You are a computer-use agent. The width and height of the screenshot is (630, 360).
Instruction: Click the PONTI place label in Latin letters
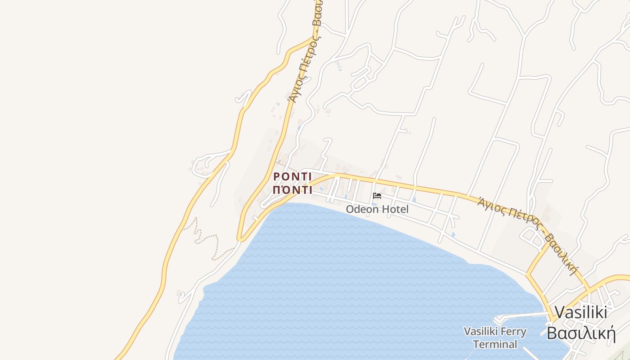pyautogui.click(x=292, y=176)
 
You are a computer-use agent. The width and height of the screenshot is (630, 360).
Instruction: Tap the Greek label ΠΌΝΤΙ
pyautogui.click(x=292, y=189)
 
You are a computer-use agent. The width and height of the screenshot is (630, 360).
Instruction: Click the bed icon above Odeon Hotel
pyautogui.click(x=377, y=196)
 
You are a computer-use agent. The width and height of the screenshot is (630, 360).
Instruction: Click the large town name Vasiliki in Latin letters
pyautogui.click(x=580, y=312)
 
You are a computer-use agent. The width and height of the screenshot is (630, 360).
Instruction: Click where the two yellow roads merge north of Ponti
pyautogui.click(x=314, y=39)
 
